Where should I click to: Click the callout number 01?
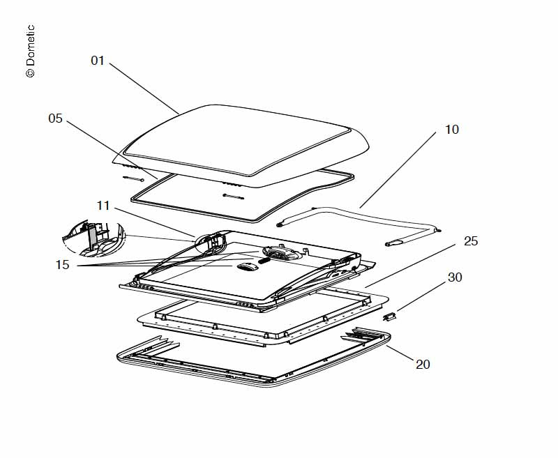click(98, 61)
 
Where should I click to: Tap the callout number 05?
click(56, 119)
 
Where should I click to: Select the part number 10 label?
click(451, 130)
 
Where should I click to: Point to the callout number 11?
click(103, 205)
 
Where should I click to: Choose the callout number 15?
click(63, 266)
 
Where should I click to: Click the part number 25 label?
click(471, 241)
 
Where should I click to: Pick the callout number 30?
click(455, 277)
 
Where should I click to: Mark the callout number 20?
click(423, 363)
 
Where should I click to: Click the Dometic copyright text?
click(30, 52)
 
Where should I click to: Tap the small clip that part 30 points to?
click(390, 316)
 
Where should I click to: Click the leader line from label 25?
click(412, 265)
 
